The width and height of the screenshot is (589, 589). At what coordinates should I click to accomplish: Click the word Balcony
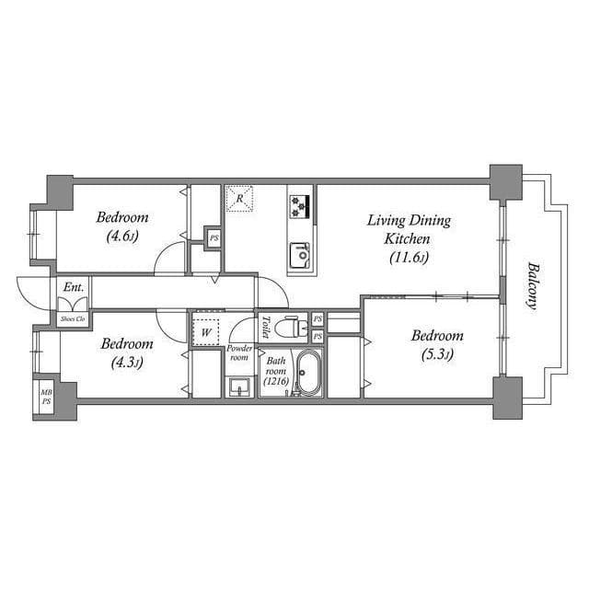(x=533, y=287)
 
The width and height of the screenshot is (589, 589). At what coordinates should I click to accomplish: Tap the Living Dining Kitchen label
(x=409, y=229)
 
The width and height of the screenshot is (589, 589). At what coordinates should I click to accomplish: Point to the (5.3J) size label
(x=436, y=353)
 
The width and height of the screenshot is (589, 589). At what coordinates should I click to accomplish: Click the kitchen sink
(x=300, y=252)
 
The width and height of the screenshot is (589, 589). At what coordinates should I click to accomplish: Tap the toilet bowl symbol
(x=291, y=328)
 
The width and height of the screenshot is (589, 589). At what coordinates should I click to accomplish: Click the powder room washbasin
(x=239, y=386)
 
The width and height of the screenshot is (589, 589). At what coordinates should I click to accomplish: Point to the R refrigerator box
(x=239, y=198)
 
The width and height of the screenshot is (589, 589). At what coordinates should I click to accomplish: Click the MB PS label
(x=45, y=398)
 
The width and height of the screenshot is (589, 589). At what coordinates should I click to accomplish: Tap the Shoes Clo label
(x=73, y=319)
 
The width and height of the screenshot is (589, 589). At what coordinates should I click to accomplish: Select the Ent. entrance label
(x=74, y=288)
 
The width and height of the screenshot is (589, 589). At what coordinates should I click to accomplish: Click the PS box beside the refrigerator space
(x=214, y=237)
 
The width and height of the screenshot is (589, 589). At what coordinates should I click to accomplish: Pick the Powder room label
(x=239, y=353)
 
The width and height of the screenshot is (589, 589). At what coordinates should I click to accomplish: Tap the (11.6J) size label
(x=410, y=257)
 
